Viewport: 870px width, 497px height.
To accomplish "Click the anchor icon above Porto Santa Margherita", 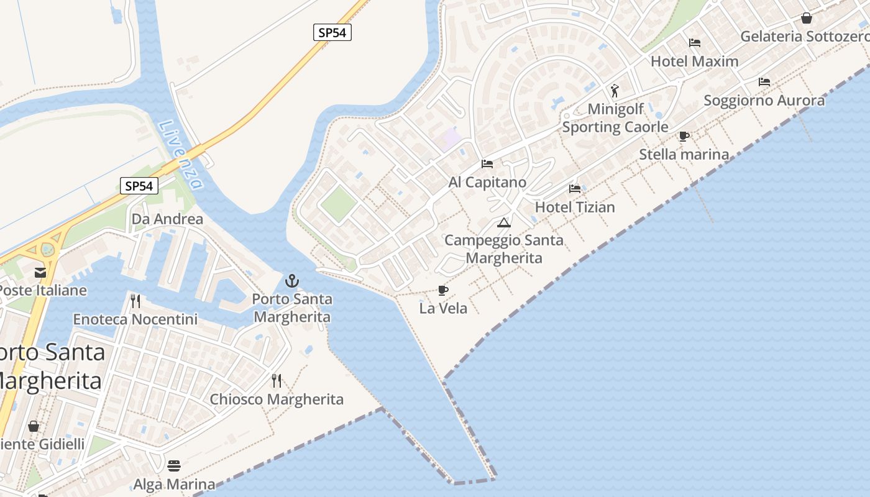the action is tap(292, 281).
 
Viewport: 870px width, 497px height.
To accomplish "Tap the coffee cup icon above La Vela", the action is tap(443, 290).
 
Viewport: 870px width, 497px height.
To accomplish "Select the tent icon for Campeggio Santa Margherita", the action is tap(504, 222).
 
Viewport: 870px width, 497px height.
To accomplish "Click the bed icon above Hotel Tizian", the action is tap(575, 188).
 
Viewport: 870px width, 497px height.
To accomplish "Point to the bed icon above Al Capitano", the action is tap(487, 164).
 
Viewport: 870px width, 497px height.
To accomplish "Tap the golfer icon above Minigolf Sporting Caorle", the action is tap(615, 91).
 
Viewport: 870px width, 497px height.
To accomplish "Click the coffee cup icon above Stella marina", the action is tap(684, 136).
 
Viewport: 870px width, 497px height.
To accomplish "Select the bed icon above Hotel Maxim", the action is tap(695, 43).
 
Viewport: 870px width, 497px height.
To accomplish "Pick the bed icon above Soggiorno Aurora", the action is tap(764, 82).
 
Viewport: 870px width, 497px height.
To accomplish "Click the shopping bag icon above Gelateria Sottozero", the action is tap(807, 18).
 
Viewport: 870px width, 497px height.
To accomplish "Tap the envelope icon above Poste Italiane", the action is tap(40, 272).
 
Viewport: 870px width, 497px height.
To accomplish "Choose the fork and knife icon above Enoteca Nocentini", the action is tap(135, 301).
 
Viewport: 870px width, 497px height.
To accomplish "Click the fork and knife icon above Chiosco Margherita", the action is tap(277, 380).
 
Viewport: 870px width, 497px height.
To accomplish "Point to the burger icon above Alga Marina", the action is tap(174, 466).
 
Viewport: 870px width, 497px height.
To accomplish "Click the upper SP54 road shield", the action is tap(332, 33).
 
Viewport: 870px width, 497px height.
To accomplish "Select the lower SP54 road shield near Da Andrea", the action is tap(139, 186).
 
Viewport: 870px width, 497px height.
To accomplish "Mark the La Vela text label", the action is tap(443, 308).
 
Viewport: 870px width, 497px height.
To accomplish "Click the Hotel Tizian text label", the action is tap(575, 207).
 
